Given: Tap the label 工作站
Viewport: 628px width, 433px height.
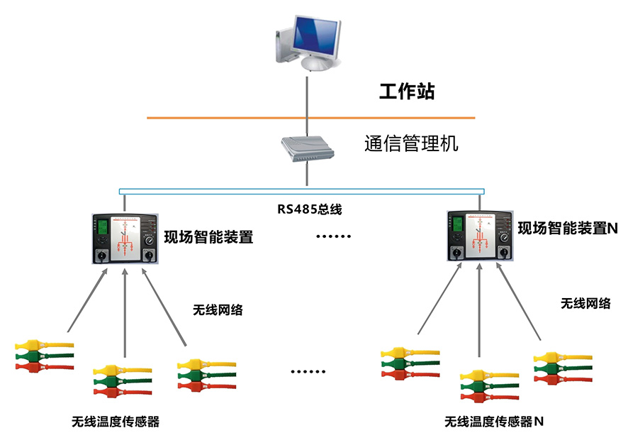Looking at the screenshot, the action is click(x=407, y=92).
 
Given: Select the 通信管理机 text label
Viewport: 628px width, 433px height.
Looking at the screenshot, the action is click(x=411, y=143).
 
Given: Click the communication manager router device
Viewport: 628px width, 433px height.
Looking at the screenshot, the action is click(x=307, y=149).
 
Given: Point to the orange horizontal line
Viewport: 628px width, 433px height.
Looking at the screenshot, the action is click(x=310, y=118).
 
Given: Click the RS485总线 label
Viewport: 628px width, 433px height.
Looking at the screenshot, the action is click(x=310, y=209).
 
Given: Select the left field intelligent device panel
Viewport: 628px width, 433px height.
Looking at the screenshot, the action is click(x=125, y=239).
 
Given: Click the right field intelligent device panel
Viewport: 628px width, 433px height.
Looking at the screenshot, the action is click(x=480, y=236).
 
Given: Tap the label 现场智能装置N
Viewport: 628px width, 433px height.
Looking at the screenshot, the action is click(x=568, y=228).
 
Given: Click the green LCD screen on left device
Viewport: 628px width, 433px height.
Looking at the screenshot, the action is click(x=103, y=227).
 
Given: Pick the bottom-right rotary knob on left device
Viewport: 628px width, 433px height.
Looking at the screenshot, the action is click(x=149, y=255).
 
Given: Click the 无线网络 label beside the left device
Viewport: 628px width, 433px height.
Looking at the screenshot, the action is click(x=218, y=310).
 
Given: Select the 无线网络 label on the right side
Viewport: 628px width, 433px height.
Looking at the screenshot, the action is click(x=585, y=304).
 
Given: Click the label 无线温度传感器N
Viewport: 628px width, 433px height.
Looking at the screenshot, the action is click(x=494, y=422).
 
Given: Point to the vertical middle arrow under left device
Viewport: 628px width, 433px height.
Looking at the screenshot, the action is click(x=125, y=313).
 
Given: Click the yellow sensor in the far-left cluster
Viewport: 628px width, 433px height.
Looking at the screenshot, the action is click(x=44, y=345).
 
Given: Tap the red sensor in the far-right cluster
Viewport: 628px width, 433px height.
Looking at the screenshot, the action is click(x=563, y=379).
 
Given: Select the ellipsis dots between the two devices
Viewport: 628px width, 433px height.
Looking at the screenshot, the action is click(x=334, y=236).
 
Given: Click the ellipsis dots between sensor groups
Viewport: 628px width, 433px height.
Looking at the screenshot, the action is click(x=308, y=372).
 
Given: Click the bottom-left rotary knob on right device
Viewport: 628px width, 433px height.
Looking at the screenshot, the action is click(x=456, y=253).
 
